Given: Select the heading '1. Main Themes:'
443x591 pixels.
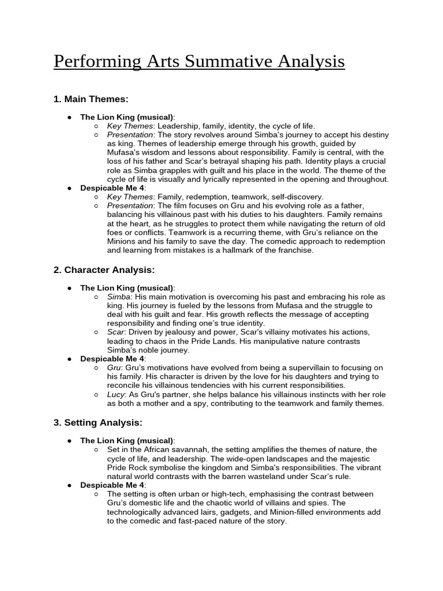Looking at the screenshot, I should click(91, 99).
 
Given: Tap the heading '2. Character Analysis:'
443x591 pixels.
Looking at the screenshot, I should click(104, 270).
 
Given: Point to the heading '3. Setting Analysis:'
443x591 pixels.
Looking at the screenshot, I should click(97, 422).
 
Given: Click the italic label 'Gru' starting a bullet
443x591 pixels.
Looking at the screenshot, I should click(114, 368).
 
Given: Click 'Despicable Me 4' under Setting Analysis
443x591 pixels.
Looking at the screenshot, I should click(112, 485).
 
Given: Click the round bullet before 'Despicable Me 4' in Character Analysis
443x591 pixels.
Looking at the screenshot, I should click(69, 359).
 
